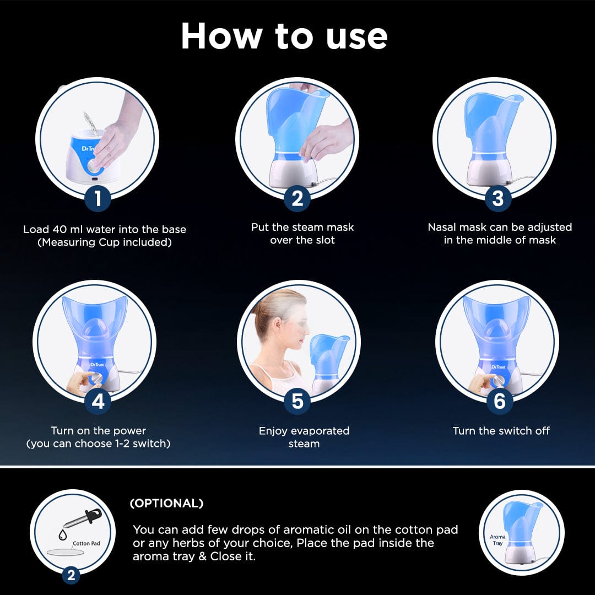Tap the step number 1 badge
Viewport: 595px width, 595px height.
(x=98, y=198)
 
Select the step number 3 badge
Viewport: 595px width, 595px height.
(x=497, y=198)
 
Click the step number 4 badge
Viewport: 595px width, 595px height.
(x=98, y=401)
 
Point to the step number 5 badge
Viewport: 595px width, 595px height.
(x=297, y=401)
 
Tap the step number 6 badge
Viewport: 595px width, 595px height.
(x=499, y=401)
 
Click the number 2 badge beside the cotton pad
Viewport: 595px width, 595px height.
(x=71, y=575)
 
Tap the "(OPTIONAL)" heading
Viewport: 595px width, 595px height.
(x=166, y=503)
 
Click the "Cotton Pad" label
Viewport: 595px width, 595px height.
(x=86, y=543)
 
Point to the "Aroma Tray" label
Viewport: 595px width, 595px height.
(x=497, y=540)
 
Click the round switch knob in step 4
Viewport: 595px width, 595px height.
(x=97, y=378)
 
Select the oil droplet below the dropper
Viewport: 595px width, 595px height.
(x=63, y=535)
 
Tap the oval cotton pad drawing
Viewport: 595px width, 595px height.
(x=65, y=552)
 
